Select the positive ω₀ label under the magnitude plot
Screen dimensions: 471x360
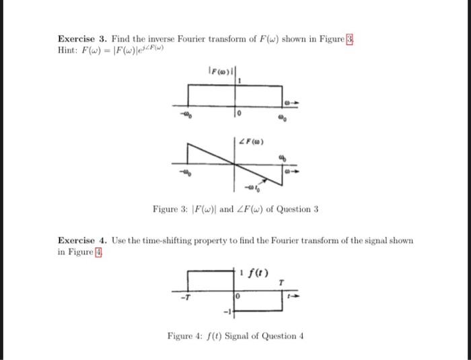point(283,116)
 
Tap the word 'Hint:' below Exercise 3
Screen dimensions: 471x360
point(69,50)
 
